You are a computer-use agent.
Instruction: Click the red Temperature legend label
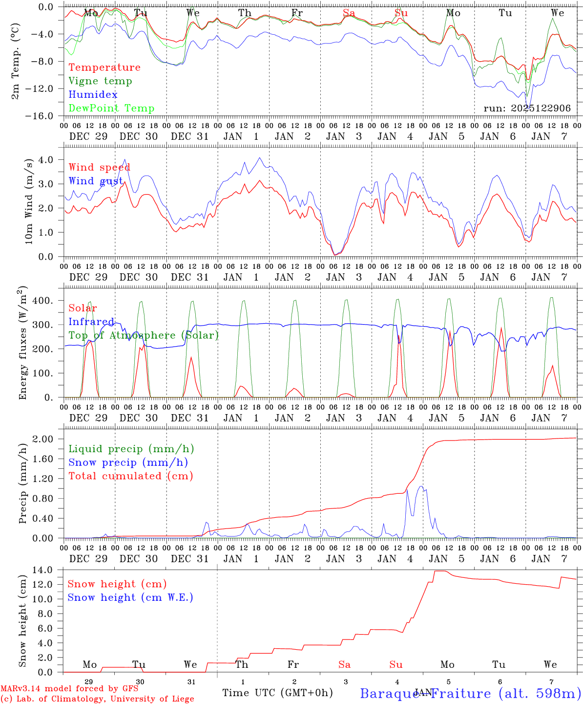coord(104,67)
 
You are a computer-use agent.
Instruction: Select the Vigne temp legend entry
coord(100,81)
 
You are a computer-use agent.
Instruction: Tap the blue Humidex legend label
coord(93,95)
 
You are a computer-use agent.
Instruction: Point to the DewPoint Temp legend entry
coord(111,109)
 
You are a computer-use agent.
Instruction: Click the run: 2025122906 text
coord(527,109)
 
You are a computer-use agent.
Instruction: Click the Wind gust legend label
coord(96,181)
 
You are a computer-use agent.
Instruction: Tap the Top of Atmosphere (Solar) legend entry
coord(144,335)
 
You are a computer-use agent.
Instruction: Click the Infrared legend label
coord(91,322)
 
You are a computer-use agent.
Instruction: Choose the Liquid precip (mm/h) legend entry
coord(131,449)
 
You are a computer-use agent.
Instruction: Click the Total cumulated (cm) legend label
coord(131,476)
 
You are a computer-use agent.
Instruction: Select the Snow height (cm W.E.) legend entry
coord(130,597)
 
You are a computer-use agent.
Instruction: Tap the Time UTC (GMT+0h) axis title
coord(277,693)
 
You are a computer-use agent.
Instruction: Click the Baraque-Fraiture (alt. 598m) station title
coord(470,693)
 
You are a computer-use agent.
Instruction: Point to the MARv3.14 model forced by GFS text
coord(69,689)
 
